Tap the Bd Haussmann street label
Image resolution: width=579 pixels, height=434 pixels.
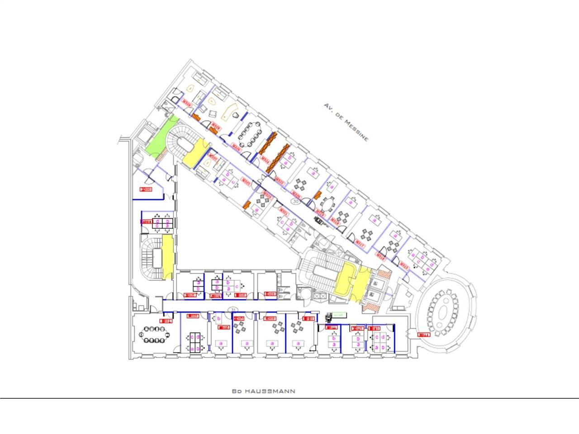click(263, 391)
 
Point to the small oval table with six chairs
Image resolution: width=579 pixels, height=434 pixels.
click(327, 203)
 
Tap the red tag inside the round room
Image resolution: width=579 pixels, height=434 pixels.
click(423, 335)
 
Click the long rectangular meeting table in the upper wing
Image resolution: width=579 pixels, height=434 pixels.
click(248, 135)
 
